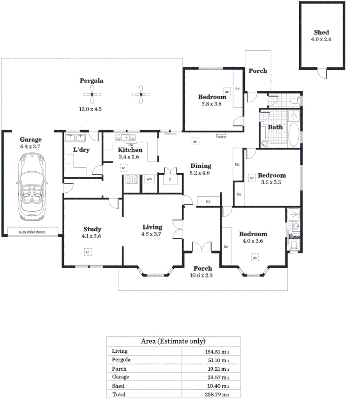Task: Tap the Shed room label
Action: click(x=321, y=33)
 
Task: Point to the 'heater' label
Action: click(x=221, y=137)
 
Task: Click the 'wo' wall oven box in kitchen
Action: click(x=149, y=179)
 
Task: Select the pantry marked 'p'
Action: click(x=170, y=180)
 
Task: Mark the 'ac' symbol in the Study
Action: click(x=88, y=252)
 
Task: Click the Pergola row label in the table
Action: click(x=121, y=360)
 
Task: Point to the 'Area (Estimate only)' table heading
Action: click(x=173, y=341)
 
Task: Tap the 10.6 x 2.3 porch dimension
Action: click(x=203, y=276)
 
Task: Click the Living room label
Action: click(x=152, y=227)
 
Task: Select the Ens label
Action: click(x=294, y=237)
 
